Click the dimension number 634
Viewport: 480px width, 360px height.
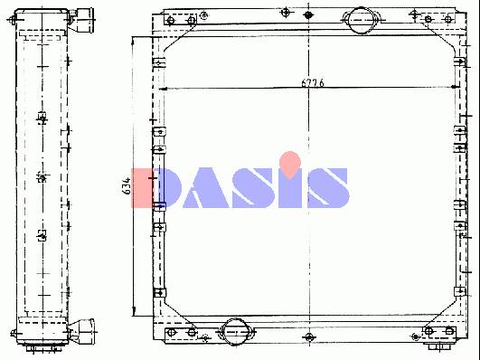pos(127,185)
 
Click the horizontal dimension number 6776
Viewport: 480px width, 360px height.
pos(312,82)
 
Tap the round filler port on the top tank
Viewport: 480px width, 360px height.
pos(362,20)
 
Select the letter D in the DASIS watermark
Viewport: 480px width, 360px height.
pos(156,188)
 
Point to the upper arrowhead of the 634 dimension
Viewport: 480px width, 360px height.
pos(133,41)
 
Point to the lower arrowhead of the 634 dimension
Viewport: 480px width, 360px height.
pos(134,311)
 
